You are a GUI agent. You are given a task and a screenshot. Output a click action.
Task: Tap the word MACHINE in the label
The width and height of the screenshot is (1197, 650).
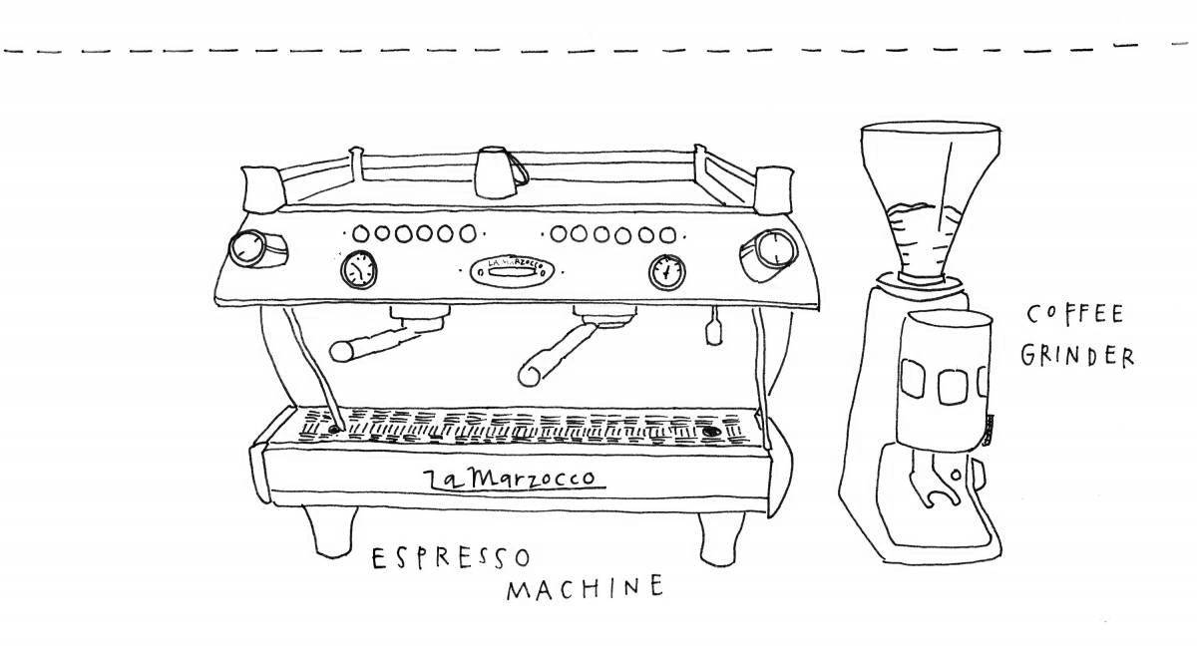click(x=584, y=588)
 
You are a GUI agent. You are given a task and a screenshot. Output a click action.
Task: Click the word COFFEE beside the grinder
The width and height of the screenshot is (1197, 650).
click(x=1075, y=316)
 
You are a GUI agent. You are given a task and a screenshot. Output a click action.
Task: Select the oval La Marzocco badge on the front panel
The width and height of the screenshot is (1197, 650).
click(x=510, y=269)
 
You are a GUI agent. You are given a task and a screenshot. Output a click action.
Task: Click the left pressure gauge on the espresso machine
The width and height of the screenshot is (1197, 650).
click(x=358, y=269)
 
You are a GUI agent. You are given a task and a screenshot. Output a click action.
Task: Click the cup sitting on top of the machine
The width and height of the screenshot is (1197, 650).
click(x=492, y=170)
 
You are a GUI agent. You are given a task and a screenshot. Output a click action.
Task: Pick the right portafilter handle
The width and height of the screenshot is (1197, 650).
click(x=559, y=351)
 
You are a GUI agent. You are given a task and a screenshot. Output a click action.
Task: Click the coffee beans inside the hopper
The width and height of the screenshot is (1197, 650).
click(x=929, y=213)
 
